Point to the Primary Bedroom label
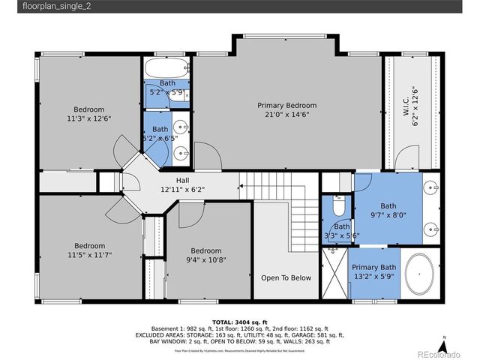click(286, 105)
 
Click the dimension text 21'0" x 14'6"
click(286, 115)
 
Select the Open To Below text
click(286, 277)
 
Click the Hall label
click(182, 180)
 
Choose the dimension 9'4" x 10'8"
click(205, 260)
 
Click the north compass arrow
click(445, 346)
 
